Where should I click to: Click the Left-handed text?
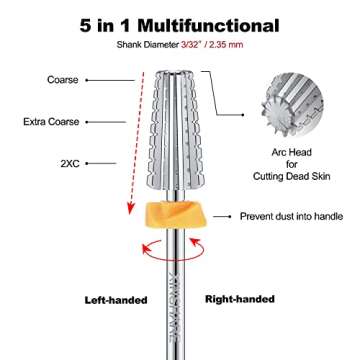click(114, 299)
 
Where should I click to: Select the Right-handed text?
click(239, 298)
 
